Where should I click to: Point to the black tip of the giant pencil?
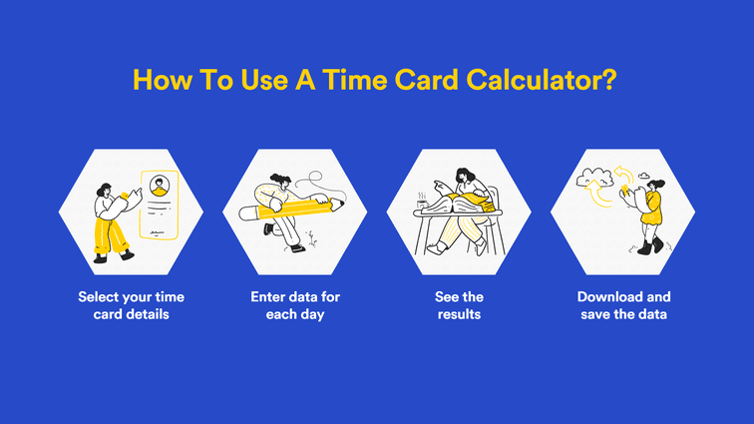tap(340, 205)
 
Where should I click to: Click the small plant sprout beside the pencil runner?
tap(312, 236)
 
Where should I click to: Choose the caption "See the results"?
tap(458, 305)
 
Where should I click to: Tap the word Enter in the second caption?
tap(269, 296)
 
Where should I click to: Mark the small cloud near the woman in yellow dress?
tap(645, 176)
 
